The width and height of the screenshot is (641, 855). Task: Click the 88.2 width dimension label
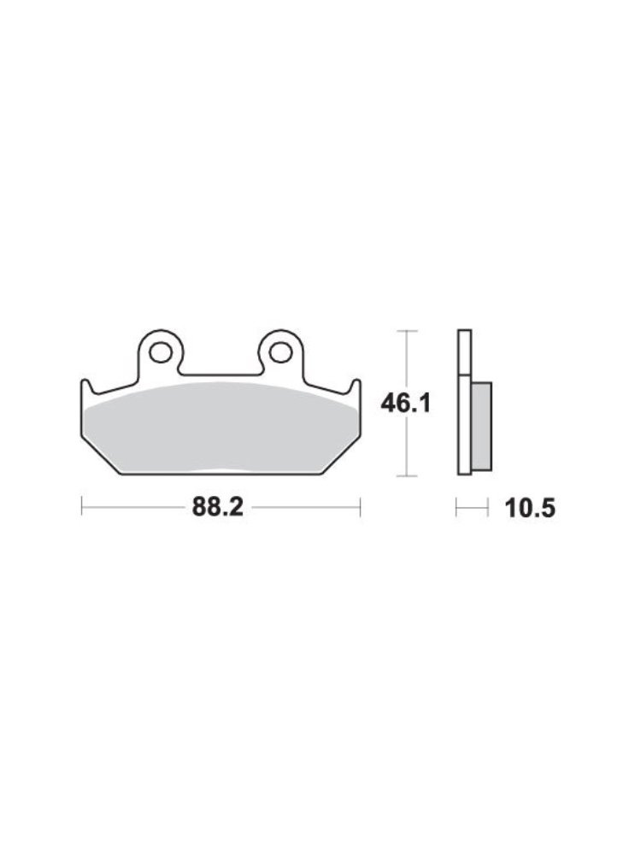pyautogui.click(x=217, y=508)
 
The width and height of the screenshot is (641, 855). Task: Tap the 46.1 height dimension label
pyautogui.click(x=406, y=404)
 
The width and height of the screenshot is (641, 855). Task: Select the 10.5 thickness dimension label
pyautogui.click(x=531, y=509)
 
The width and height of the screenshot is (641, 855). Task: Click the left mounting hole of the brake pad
pyautogui.click(x=161, y=353)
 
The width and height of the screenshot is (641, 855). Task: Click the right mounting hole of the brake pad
pyautogui.click(x=280, y=353)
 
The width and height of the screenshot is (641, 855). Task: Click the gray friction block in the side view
pyautogui.click(x=481, y=426)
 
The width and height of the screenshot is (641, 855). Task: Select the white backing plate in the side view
pyautogui.click(x=464, y=403)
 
